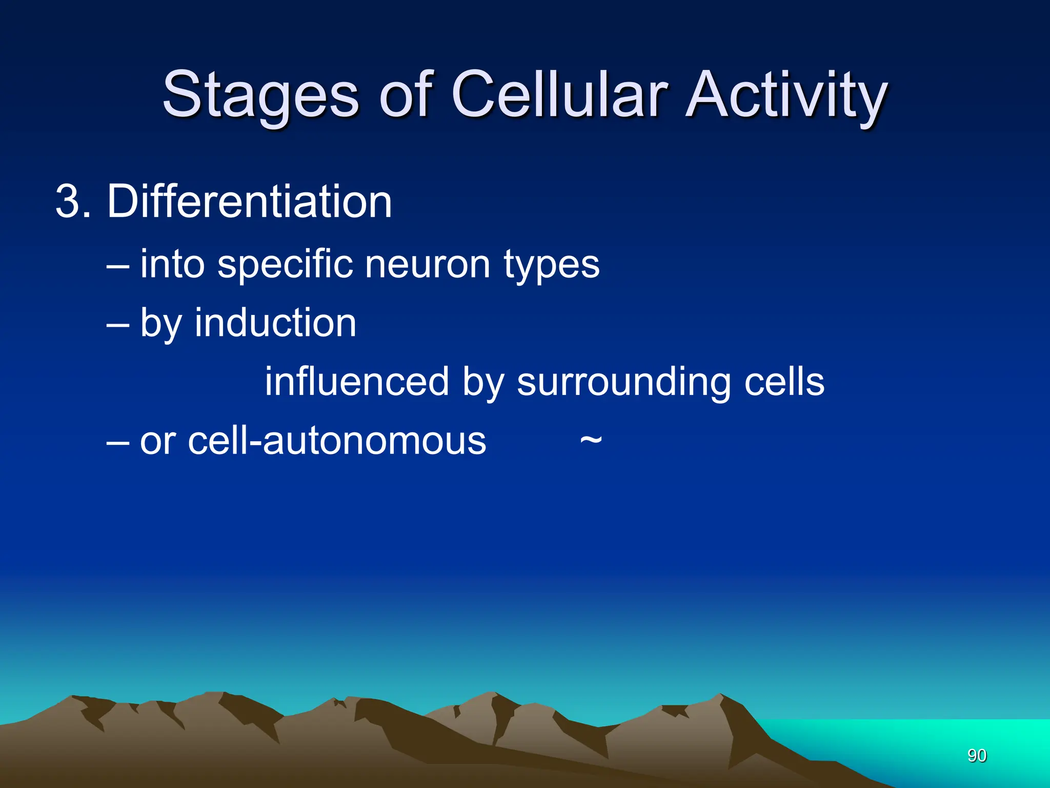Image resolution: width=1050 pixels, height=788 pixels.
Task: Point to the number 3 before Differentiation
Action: click(68, 202)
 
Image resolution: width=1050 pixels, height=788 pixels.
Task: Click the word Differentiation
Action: click(249, 202)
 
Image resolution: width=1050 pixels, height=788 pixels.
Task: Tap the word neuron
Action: click(428, 265)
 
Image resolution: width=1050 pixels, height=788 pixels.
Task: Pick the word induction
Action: click(275, 324)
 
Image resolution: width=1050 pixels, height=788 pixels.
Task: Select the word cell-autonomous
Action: click(313, 441)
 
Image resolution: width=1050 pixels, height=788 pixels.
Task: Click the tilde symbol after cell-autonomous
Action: click(591, 441)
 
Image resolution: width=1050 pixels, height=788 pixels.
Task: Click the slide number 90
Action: click(977, 755)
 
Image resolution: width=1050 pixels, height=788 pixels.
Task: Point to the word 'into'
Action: click(172, 265)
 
